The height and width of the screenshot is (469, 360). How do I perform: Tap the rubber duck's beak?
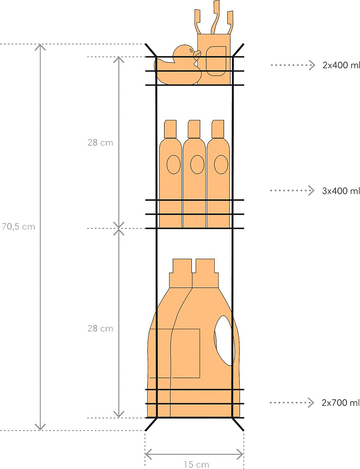197,54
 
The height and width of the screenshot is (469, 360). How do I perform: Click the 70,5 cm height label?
18,227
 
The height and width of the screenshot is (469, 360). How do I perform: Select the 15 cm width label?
196,464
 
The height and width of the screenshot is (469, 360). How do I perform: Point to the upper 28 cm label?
100,143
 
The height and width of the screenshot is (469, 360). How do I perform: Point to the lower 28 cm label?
100,328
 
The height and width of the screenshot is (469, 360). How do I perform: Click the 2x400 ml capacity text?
341,65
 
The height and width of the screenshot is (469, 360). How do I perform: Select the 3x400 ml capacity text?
341,191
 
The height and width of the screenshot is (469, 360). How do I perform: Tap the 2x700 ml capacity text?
341,402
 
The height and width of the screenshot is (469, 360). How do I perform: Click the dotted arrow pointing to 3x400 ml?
292,190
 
